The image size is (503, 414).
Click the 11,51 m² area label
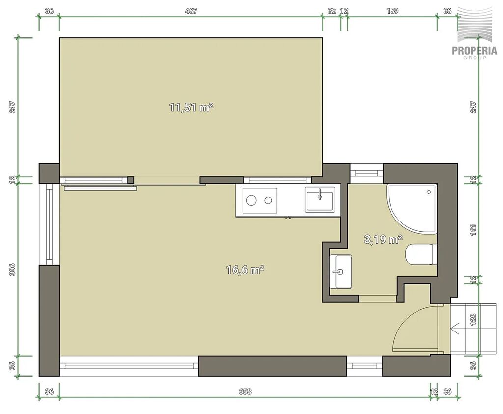pos(191,107)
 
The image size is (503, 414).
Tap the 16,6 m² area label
pos(245,270)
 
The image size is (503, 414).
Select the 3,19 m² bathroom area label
pos(383,239)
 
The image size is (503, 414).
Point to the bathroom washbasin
pos(341,272)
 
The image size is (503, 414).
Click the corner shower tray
pos(412,208)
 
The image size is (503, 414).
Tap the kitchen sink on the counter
pos(319,200)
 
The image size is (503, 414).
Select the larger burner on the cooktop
pos(251,201)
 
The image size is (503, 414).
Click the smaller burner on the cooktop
pos(268,201)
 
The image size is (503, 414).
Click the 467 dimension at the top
pos(191,11)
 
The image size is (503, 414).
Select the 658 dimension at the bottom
pos(245,391)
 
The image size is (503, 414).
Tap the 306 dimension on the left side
pos(12,270)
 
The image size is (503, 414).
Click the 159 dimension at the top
pos(392,11)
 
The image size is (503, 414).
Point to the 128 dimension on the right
pos(474,320)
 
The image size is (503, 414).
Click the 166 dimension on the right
pos(474,230)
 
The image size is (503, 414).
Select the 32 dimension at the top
pos(332,11)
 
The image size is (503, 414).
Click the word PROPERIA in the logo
pos(475,51)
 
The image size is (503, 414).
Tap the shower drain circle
pos(429,192)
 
